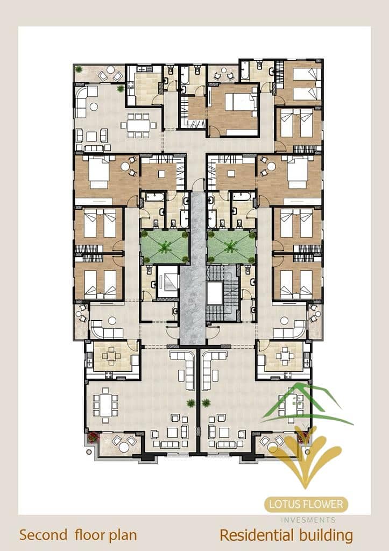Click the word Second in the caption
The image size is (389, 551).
pos(43,535)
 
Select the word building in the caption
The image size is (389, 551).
pos(326,536)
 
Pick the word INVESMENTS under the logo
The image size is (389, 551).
pos(308,520)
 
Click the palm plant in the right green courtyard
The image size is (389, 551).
pos(230,246)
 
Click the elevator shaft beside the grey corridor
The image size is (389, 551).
pos(167,282)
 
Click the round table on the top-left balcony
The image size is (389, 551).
pos(110,69)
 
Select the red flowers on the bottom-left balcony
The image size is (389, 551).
pos(93,437)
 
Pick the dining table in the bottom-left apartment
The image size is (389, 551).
pos(105,405)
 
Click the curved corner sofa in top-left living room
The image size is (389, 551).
pos(86,102)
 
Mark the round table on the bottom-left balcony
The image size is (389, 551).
pos(124,447)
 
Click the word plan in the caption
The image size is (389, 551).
pos(123,536)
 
